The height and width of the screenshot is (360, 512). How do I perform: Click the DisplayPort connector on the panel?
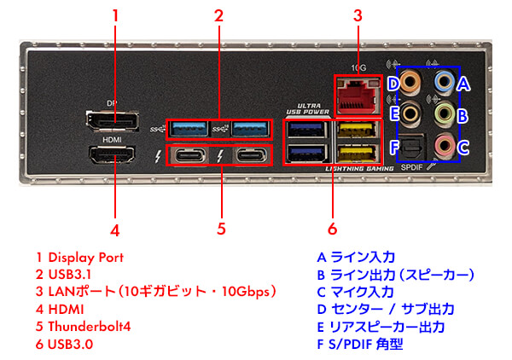tap(114, 120)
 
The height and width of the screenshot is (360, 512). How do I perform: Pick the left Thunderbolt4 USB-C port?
tap(190, 156)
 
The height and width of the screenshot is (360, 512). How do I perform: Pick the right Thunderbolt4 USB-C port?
tap(249, 156)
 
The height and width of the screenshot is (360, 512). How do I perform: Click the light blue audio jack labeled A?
tap(444, 83)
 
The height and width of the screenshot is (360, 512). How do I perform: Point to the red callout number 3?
tap(358, 15)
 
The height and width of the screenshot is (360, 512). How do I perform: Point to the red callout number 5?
tap(220, 228)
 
